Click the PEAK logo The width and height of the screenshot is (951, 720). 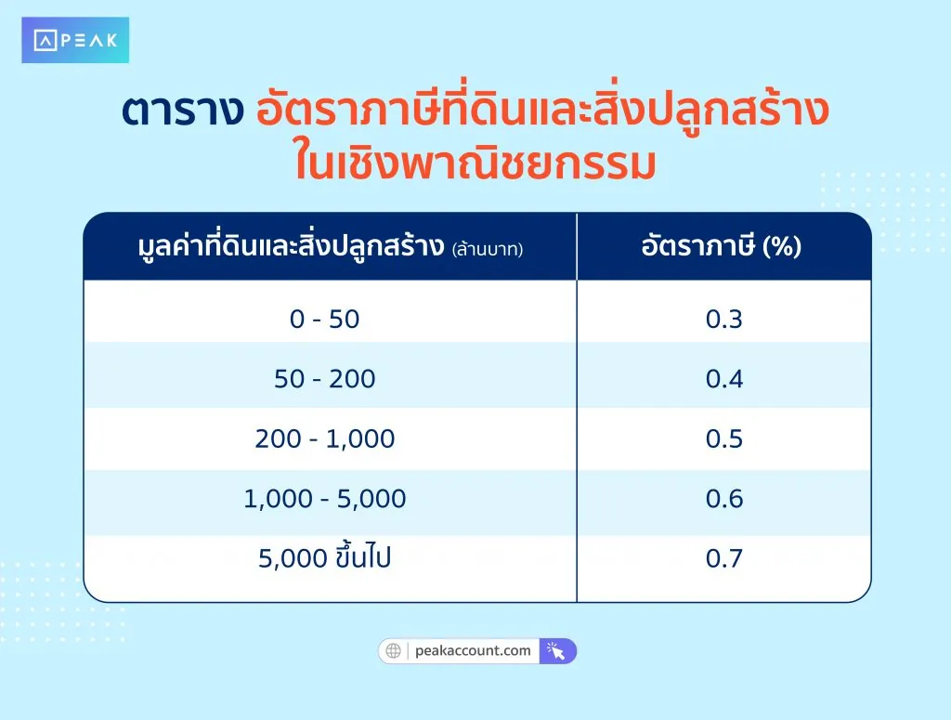(75, 41)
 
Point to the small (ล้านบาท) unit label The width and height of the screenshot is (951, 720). (487, 250)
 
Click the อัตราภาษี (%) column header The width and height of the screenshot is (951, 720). (722, 248)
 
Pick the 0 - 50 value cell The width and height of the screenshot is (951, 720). (324, 320)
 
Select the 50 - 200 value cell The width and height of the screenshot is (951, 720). (324, 379)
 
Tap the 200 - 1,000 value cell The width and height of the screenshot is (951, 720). (324, 439)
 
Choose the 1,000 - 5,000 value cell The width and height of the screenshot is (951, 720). (324, 499)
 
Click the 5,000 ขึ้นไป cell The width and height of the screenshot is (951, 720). (324, 558)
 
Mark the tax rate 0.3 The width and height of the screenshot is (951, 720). (724, 320)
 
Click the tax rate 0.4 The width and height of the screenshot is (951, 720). (724, 379)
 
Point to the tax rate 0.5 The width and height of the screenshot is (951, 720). (724, 439)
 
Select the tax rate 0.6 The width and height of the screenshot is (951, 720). (724, 499)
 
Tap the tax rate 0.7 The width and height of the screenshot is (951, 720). (724, 558)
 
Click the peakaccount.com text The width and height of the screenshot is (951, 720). (475, 650)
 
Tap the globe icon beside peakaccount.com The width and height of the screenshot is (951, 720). (393, 650)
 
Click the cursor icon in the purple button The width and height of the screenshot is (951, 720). (557, 650)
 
